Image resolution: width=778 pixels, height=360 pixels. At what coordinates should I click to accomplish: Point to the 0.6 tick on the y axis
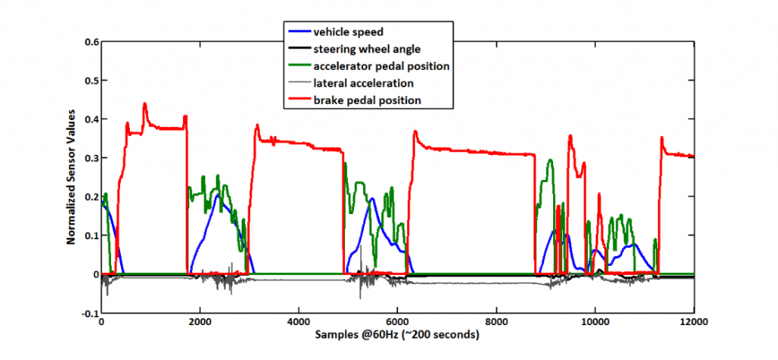pos(90,42)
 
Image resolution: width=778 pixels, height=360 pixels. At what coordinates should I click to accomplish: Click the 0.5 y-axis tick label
pos(90,81)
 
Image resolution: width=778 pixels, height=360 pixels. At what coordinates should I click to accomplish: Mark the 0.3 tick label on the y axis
pos(90,158)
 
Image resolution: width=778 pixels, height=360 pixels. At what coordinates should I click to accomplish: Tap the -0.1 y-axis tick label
pos(89,313)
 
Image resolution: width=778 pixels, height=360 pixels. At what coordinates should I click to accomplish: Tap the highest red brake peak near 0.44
pos(144,104)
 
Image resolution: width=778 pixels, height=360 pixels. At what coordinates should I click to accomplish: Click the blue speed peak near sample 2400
pos(219,194)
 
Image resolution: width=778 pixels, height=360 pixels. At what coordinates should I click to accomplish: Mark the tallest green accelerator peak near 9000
pos(550,159)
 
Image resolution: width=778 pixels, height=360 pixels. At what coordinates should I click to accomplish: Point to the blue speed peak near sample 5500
pos(373,199)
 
